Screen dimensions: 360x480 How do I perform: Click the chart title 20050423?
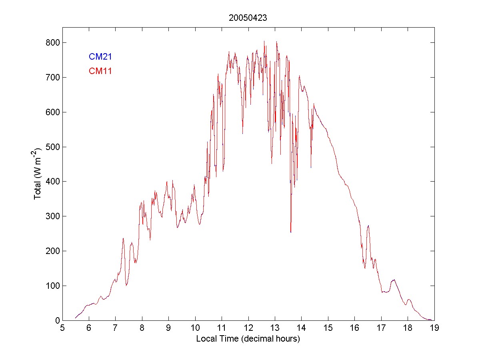click(x=248, y=18)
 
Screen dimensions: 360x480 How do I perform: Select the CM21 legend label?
click(x=100, y=57)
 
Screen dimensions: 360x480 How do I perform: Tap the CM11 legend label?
click(x=100, y=71)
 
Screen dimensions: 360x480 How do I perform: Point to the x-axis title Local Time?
click(x=248, y=339)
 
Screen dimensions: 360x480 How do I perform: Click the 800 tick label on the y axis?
click(x=52, y=42)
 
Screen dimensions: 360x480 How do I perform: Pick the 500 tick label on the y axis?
click(x=52, y=147)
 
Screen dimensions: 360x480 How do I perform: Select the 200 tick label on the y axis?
click(x=52, y=251)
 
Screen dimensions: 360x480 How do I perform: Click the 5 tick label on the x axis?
click(x=62, y=328)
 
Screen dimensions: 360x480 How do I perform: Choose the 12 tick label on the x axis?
click(x=248, y=328)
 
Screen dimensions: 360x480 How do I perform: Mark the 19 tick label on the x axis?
click(x=434, y=328)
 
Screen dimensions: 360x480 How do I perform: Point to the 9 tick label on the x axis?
click(x=168, y=328)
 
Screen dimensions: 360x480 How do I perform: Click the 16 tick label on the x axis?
click(x=354, y=328)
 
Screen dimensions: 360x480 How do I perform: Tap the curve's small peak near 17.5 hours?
click(x=394, y=280)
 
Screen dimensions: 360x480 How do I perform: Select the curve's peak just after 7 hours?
click(x=123, y=238)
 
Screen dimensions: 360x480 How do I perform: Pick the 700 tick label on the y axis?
click(x=52, y=77)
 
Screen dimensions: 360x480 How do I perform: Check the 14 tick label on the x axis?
click(x=301, y=328)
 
